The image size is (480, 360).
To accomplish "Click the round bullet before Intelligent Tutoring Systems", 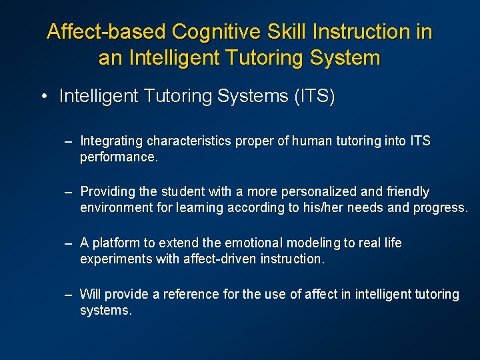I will click(43, 97).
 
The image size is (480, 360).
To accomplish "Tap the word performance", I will click(118, 157).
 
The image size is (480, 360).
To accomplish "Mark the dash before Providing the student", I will click(68, 192).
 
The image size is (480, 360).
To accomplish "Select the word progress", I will click(439, 207).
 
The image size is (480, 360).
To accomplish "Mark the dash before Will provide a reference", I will click(68, 295).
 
